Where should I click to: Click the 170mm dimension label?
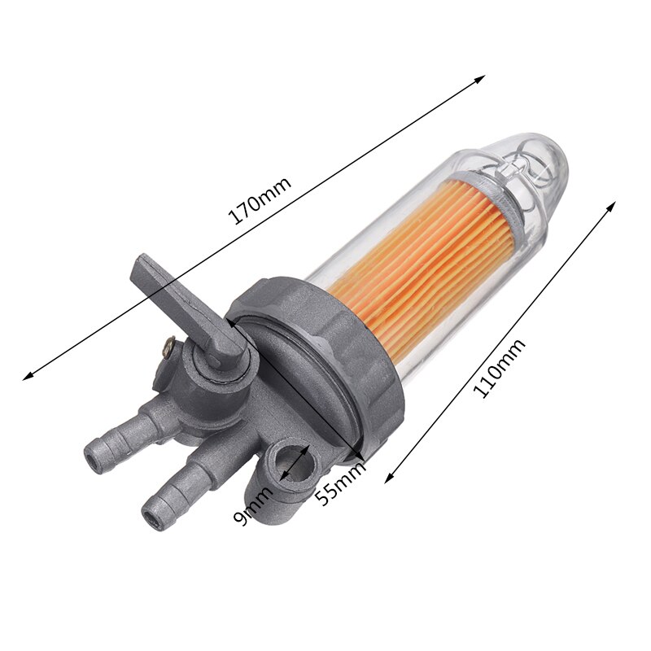[x=259, y=198]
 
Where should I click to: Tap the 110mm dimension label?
[x=499, y=368]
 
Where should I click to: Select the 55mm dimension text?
[x=341, y=481]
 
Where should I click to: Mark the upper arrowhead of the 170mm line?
[x=481, y=78]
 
